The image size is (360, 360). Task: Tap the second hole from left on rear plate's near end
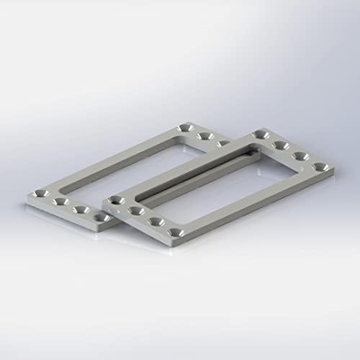60,202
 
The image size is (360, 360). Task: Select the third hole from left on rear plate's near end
81,210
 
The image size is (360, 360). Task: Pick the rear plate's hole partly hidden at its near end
101,216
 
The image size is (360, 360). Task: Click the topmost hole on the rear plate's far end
185,127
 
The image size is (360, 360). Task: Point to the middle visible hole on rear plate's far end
205,135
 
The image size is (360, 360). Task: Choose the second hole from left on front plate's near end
135,212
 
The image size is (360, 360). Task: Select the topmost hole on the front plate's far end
260,135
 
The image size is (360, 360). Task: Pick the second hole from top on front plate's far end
281,145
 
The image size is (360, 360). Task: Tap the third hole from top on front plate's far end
301,156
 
